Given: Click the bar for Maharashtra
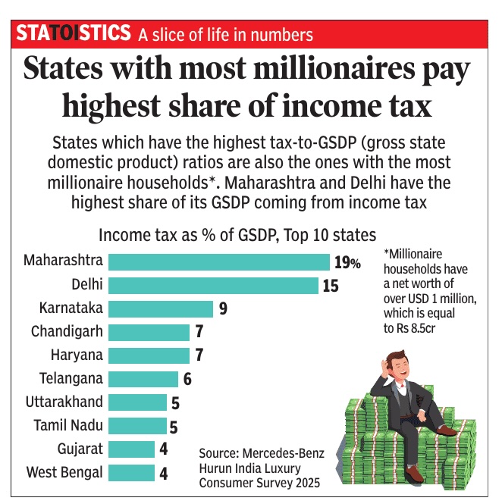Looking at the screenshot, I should [219, 261].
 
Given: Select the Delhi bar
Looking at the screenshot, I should [213, 285].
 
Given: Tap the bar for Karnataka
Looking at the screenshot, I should [161, 308].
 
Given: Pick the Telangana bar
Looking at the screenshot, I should [143, 378].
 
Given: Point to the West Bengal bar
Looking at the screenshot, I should [131, 472].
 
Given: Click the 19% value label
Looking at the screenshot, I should [347, 262].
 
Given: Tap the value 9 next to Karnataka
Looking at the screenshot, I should [223, 309].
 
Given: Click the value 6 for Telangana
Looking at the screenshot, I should [188, 379].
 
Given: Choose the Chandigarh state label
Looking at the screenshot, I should [67, 331].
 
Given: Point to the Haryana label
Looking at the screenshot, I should [77, 355].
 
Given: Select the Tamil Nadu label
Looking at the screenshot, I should [68, 425].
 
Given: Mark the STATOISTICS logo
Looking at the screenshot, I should [73, 33].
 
